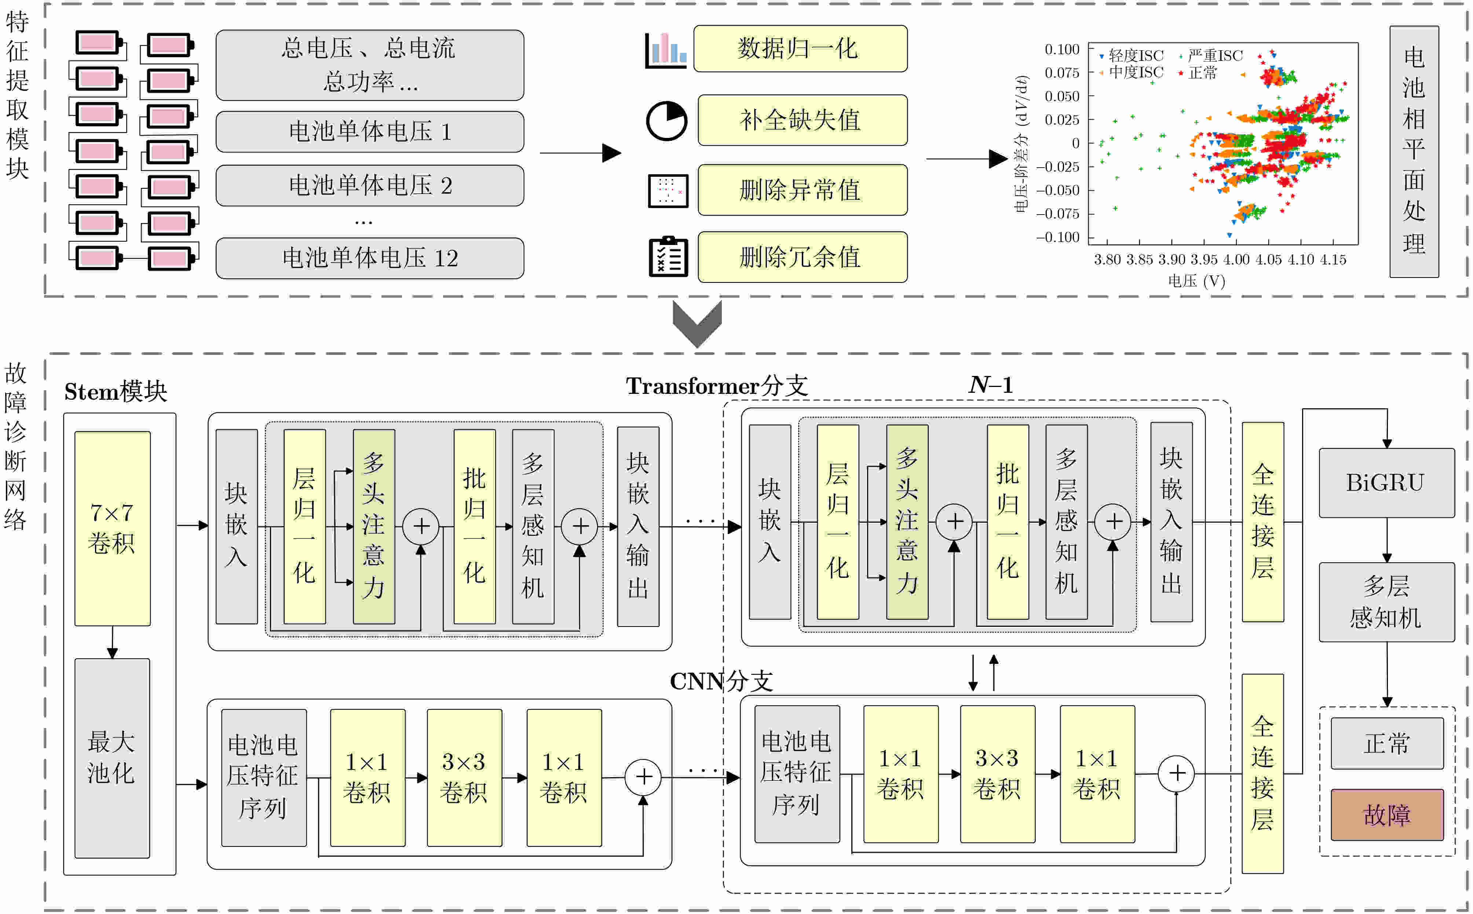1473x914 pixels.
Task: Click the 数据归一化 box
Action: pyautogui.click(x=800, y=48)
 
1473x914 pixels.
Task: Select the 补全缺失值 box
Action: pyautogui.click(x=803, y=120)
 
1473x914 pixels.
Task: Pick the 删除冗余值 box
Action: pyautogui.click(x=803, y=257)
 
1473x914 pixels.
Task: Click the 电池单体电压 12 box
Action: pyautogui.click(x=370, y=258)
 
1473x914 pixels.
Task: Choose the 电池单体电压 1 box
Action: pyautogui.click(x=370, y=132)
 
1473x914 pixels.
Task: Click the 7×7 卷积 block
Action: pyautogui.click(x=113, y=528)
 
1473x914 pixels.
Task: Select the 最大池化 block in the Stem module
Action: pyautogui.click(x=113, y=758)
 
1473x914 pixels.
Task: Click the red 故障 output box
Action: pyautogui.click(x=1387, y=815)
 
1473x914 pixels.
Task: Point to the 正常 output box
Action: pyautogui.click(x=1387, y=743)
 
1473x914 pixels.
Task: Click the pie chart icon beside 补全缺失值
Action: pyautogui.click(x=667, y=121)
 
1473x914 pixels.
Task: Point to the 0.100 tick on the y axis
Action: pyautogui.click(x=1062, y=49)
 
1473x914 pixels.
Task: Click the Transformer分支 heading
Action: pyautogui.click(x=717, y=386)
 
